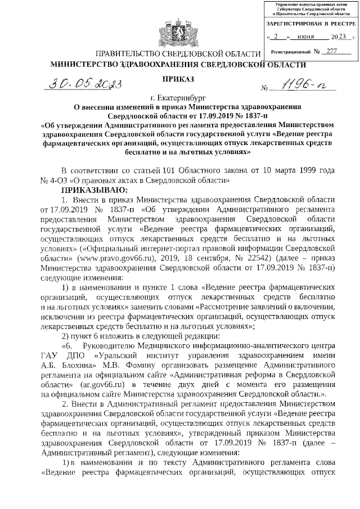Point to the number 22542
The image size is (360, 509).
point(255,259)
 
